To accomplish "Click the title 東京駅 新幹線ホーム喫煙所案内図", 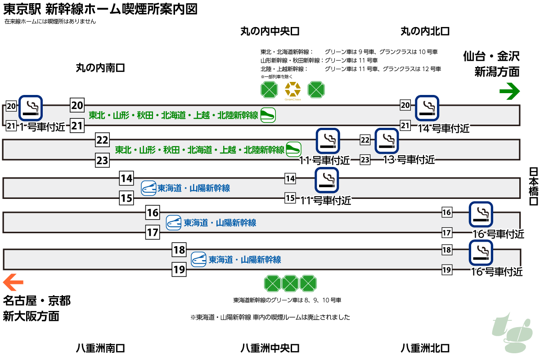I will point(100,9).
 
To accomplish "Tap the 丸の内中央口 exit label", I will point(270,31).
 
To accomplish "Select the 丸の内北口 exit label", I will point(425,31).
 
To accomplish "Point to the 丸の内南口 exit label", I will point(100,68).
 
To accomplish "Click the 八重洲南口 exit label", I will point(100,348).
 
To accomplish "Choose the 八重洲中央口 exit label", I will point(270,348).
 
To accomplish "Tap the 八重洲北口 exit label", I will point(425,348).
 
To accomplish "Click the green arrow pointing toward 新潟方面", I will point(509,92).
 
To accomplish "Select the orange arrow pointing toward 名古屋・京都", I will point(13,283).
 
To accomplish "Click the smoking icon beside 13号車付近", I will point(387,140).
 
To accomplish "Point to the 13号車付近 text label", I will point(409,160).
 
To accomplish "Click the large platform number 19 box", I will point(180,270).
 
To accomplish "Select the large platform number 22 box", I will point(103,140).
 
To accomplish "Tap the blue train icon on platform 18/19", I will point(199,260).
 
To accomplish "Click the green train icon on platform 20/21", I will point(268,115).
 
